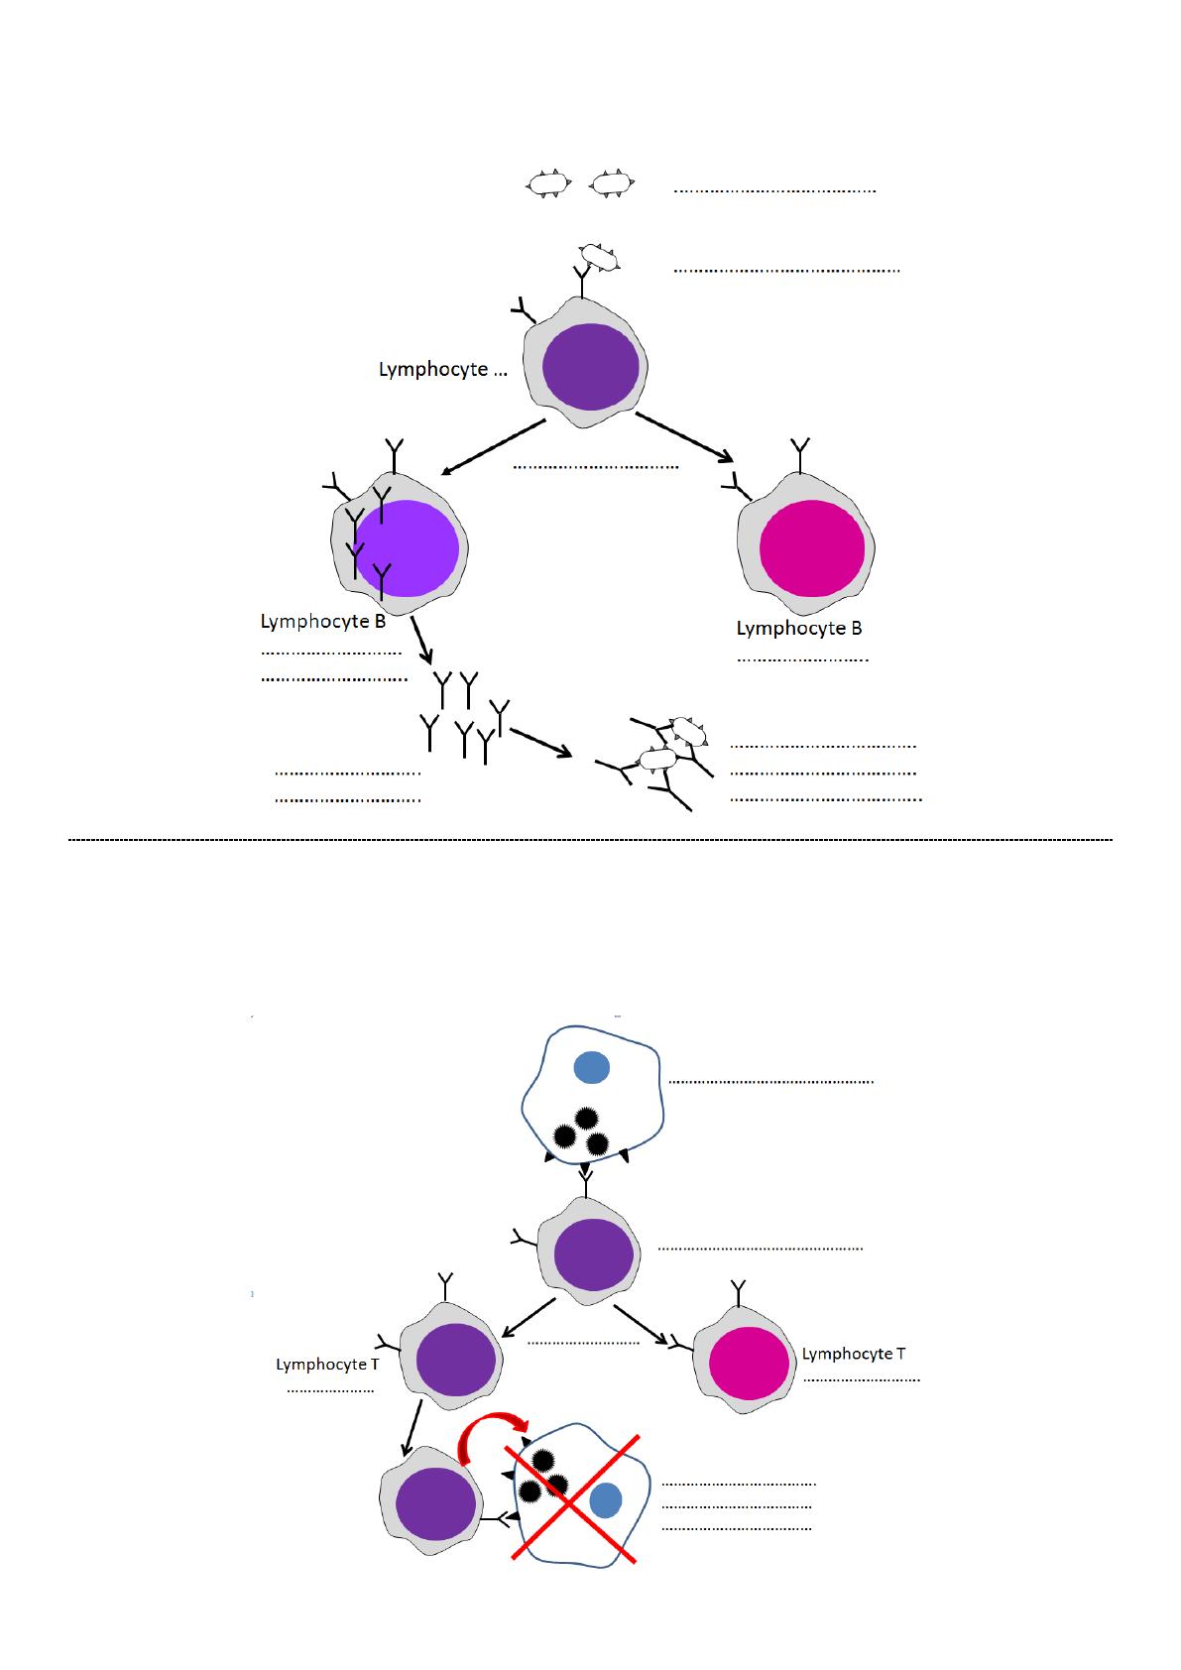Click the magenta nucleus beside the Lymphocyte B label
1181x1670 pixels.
(x=811, y=547)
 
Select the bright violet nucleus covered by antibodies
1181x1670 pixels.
(x=408, y=547)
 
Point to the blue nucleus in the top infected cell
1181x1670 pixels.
(x=591, y=1067)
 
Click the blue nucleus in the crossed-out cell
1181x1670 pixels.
(x=605, y=1500)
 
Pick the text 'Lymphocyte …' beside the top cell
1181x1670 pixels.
(x=442, y=370)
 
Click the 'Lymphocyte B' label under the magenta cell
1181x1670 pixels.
(x=798, y=628)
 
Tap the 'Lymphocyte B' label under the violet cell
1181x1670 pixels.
(x=322, y=622)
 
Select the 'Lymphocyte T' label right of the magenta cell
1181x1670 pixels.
(x=853, y=1354)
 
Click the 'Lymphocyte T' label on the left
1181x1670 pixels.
(x=327, y=1365)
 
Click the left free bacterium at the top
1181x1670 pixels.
(x=547, y=183)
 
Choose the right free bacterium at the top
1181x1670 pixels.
(x=612, y=183)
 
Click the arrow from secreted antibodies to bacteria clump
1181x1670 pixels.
(x=540, y=743)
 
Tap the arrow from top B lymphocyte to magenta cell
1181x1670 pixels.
(x=684, y=437)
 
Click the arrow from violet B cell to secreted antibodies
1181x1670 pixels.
(x=421, y=642)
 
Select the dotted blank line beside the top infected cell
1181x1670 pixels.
(x=770, y=1081)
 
